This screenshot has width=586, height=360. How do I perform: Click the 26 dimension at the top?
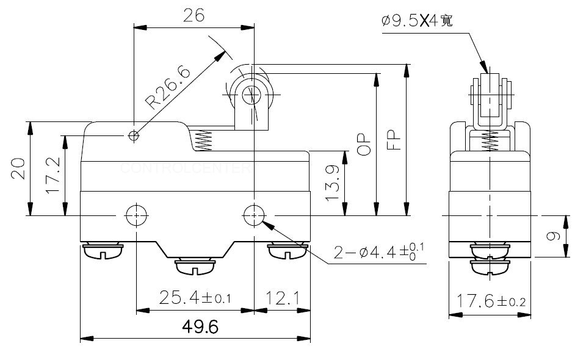click(194, 16)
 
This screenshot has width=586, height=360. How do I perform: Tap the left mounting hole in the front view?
click(134, 214)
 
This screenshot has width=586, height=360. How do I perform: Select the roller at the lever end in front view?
click(250, 95)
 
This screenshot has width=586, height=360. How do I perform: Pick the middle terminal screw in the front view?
click(194, 266)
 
